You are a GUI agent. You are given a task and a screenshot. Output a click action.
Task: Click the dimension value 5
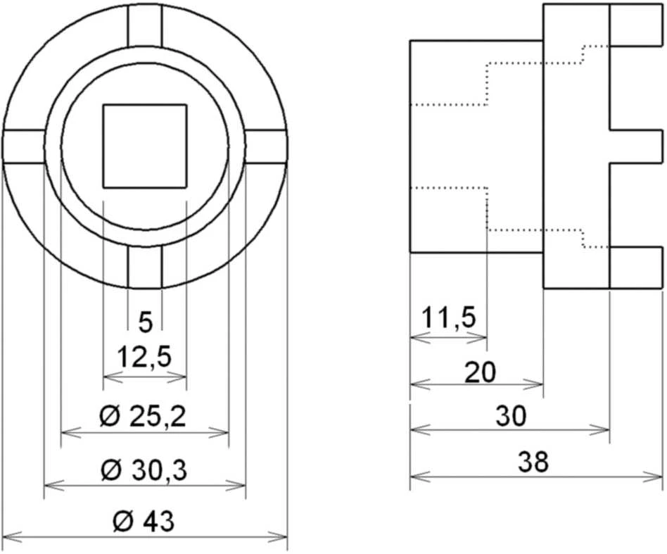tap(145, 322)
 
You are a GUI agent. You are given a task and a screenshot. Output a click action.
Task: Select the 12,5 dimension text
tap(145, 357)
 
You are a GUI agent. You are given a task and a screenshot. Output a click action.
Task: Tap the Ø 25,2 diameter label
tap(143, 417)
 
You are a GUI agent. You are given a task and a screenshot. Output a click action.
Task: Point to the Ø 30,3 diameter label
tap(144, 470)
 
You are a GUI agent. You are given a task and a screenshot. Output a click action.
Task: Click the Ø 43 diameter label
tap(144, 521)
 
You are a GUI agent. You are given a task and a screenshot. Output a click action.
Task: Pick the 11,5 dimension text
tap(449, 318)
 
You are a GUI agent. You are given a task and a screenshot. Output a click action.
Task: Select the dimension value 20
tap(481, 372)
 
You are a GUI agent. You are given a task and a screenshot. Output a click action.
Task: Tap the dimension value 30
tap(511, 416)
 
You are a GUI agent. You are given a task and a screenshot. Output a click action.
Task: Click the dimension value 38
tap(533, 462)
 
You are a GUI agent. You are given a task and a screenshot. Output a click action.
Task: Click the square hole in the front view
tap(145, 146)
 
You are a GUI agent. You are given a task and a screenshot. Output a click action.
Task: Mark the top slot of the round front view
tap(145, 25)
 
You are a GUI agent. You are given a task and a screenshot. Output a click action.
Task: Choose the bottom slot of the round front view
tap(145, 266)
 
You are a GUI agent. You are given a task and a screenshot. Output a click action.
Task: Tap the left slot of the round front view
tap(24, 146)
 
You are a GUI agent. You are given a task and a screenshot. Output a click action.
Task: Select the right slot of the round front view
tap(266, 146)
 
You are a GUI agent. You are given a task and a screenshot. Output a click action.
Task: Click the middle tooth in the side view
tap(636, 146)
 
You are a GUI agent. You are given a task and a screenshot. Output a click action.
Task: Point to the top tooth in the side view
tap(636, 25)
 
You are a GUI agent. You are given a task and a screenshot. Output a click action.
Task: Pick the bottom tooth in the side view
tap(636, 267)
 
